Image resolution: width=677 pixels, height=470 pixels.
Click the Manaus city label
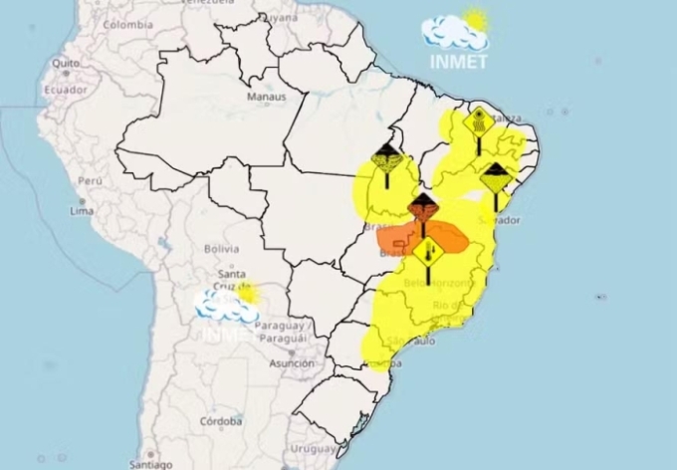(x=268, y=97)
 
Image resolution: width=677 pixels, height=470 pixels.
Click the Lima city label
(x=83, y=212)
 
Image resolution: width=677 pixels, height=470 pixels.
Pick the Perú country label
(x=91, y=181)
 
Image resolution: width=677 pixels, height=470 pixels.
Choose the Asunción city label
(x=291, y=363)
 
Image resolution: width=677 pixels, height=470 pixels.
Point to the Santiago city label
(x=149, y=464)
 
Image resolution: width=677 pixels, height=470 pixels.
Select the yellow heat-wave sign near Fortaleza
(x=479, y=121)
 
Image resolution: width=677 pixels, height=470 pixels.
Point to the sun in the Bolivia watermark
(x=246, y=294)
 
